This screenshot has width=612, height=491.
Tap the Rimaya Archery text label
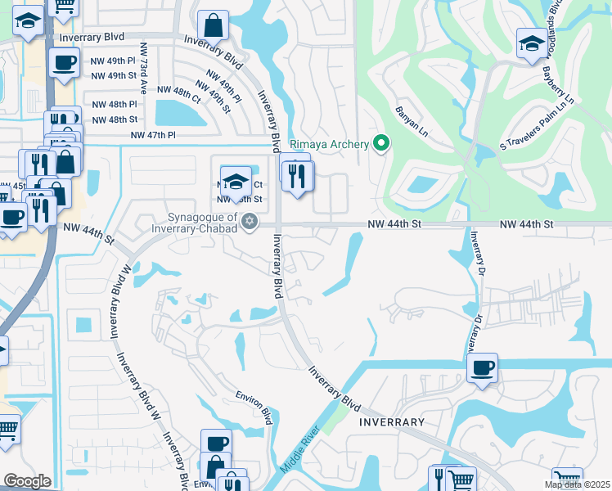(x=331, y=145)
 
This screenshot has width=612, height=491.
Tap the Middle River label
(x=299, y=451)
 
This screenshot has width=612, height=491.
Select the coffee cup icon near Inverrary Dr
(x=483, y=367)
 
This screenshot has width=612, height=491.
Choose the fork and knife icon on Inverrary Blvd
(x=298, y=174)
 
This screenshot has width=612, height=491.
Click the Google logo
(x=27, y=481)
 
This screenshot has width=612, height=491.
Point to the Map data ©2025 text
(x=577, y=485)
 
